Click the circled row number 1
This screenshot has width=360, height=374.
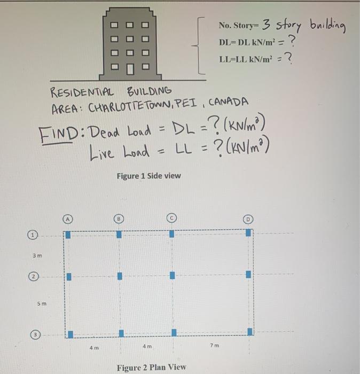pos(33,235)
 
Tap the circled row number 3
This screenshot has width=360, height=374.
pos(33,333)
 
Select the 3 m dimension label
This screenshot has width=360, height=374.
pos(37,255)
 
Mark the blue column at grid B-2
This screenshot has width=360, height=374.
pos(120,276)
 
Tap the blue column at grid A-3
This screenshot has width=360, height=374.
pos(68,333)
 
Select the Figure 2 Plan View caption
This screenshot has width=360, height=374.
pos(151,367)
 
